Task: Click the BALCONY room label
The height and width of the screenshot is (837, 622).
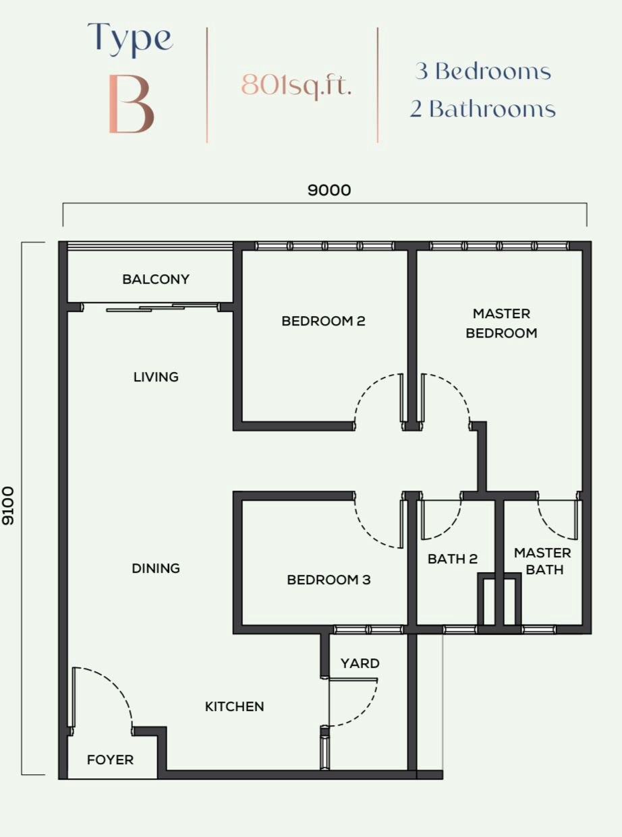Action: (x=156, y=279)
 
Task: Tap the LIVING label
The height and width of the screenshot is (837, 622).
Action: (x=156, y=377)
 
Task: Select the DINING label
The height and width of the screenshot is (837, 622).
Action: (x=156, y=568)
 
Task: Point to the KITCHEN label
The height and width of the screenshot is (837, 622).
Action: (x=234, y=706)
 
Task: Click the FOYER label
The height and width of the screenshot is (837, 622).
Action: (x=111, y=759)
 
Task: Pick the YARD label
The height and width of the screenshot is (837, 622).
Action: (x=360, y=663)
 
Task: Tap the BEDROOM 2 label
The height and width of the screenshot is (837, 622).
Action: (x=323, y=321)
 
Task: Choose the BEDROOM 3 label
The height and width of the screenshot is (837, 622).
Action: (x=329, y=580)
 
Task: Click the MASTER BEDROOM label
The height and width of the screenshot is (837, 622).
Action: (x=501, y=323)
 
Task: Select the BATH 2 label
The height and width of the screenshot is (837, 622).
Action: (x=452, y=559)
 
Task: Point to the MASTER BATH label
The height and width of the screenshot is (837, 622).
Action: (x=542, y=561)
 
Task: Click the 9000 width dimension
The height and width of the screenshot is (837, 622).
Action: (x=329, y=190)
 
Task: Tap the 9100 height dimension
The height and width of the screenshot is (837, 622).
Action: (x=8, y=505)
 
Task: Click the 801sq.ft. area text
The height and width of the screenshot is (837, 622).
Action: (x=296, y=86)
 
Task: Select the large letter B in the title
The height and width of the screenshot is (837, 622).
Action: (x=131, y=104)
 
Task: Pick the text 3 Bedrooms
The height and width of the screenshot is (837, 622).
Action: (x=483, y=71)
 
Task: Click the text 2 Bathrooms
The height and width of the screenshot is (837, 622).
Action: (x=483, y=108)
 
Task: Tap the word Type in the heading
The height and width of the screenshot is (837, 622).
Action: (x=130, y=39)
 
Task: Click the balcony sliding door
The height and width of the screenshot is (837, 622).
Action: (x=151, y=307)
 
